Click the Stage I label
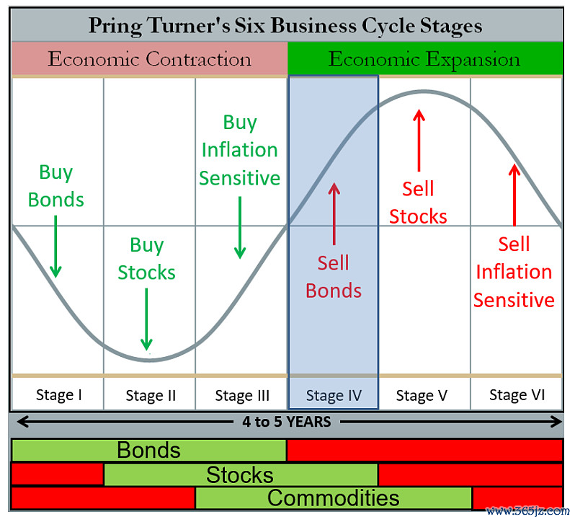point(58,395)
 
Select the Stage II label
point(151,395)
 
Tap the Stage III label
point(242,395)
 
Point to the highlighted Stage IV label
point(334,395)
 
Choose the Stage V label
point(422,395)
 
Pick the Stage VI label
point(517,395)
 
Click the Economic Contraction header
point(150,58)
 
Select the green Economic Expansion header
point(424,59)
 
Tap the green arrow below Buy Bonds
point(55,247)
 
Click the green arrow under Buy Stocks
point(146,319)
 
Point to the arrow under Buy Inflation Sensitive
point(240,227)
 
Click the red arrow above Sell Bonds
point(334,214)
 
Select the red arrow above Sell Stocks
point(419,141)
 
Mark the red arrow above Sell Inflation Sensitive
point(514,195)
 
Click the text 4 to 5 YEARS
point(286,422)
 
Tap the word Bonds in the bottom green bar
point(148,450)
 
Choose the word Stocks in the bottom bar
point(240,474)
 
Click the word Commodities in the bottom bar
point(333,497)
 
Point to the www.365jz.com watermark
point(528,510)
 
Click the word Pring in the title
point(115,26)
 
